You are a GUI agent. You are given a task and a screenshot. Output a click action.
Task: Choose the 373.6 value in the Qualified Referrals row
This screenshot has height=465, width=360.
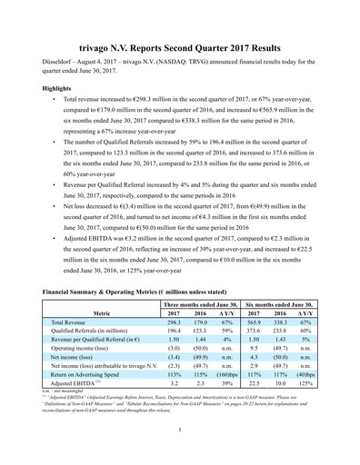(x=249, y=333)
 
